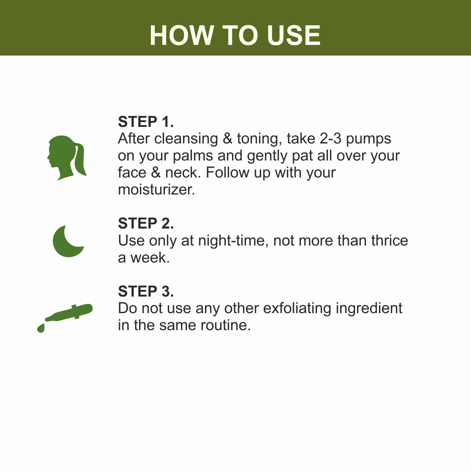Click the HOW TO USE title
tap(235, 35)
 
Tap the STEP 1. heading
tap(146, 122)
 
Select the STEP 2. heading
tap(146, 223)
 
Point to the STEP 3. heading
tap(146, 291)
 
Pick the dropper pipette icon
tap(65, 318)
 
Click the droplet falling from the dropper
tap(41, 328)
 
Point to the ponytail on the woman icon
tap(79, 159)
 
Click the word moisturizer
tap(157, 190)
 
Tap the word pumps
tap(369, 140)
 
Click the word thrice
tap(389, 240)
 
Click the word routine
tap(225, 325)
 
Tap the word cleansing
tap(186, 140)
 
